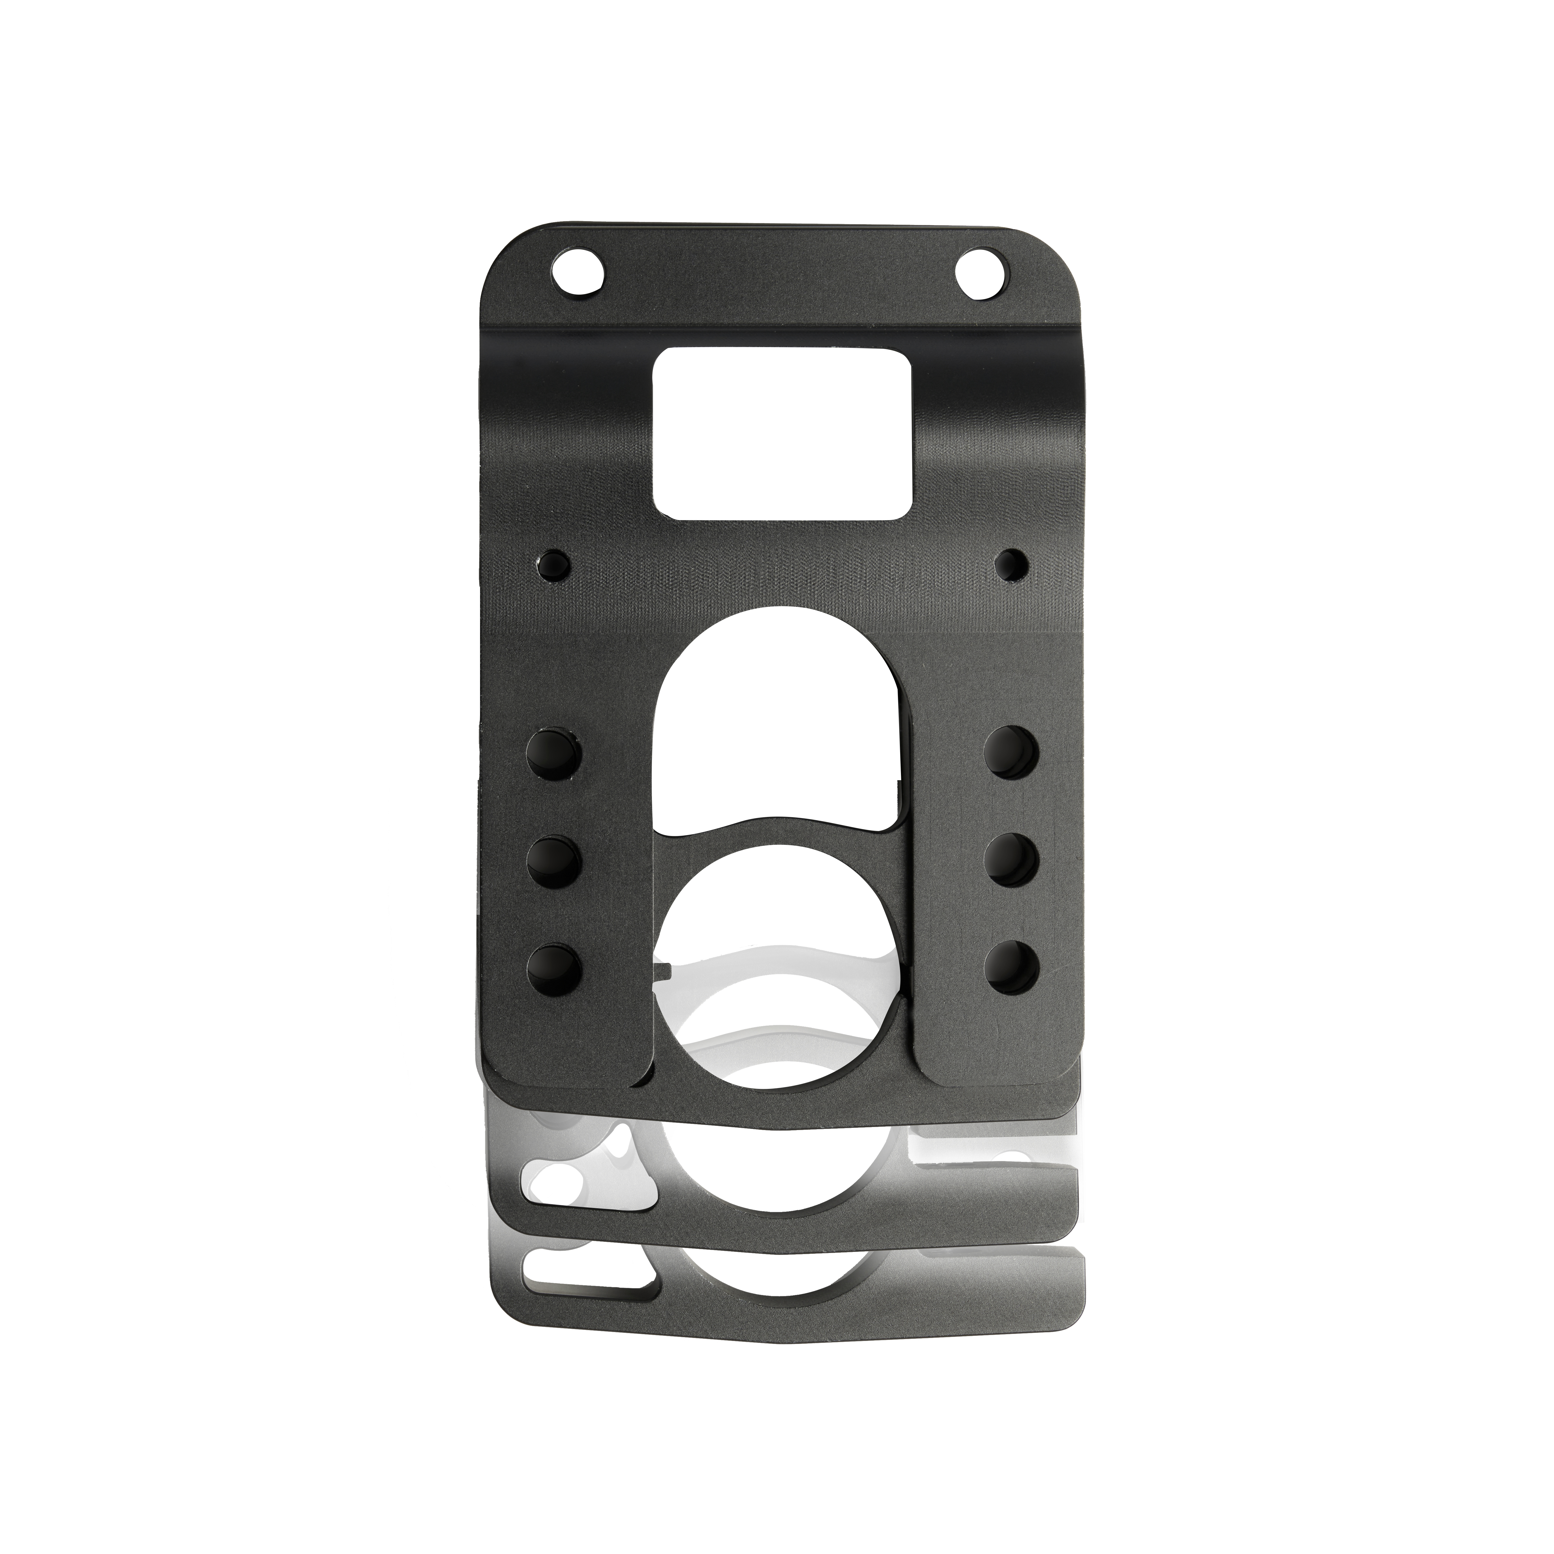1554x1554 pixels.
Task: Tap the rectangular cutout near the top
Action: coord(782,432)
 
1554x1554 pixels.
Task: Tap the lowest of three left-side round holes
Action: coord(554,967)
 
